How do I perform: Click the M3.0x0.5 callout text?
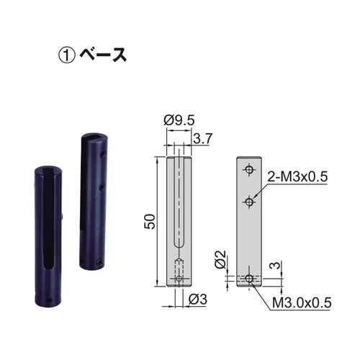tap(301, 304)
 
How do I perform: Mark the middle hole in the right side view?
tap(249, 202)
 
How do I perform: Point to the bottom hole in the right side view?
tap(249, 278)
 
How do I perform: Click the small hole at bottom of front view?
tap(179, 278)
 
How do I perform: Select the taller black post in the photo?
tap(92, 202)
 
